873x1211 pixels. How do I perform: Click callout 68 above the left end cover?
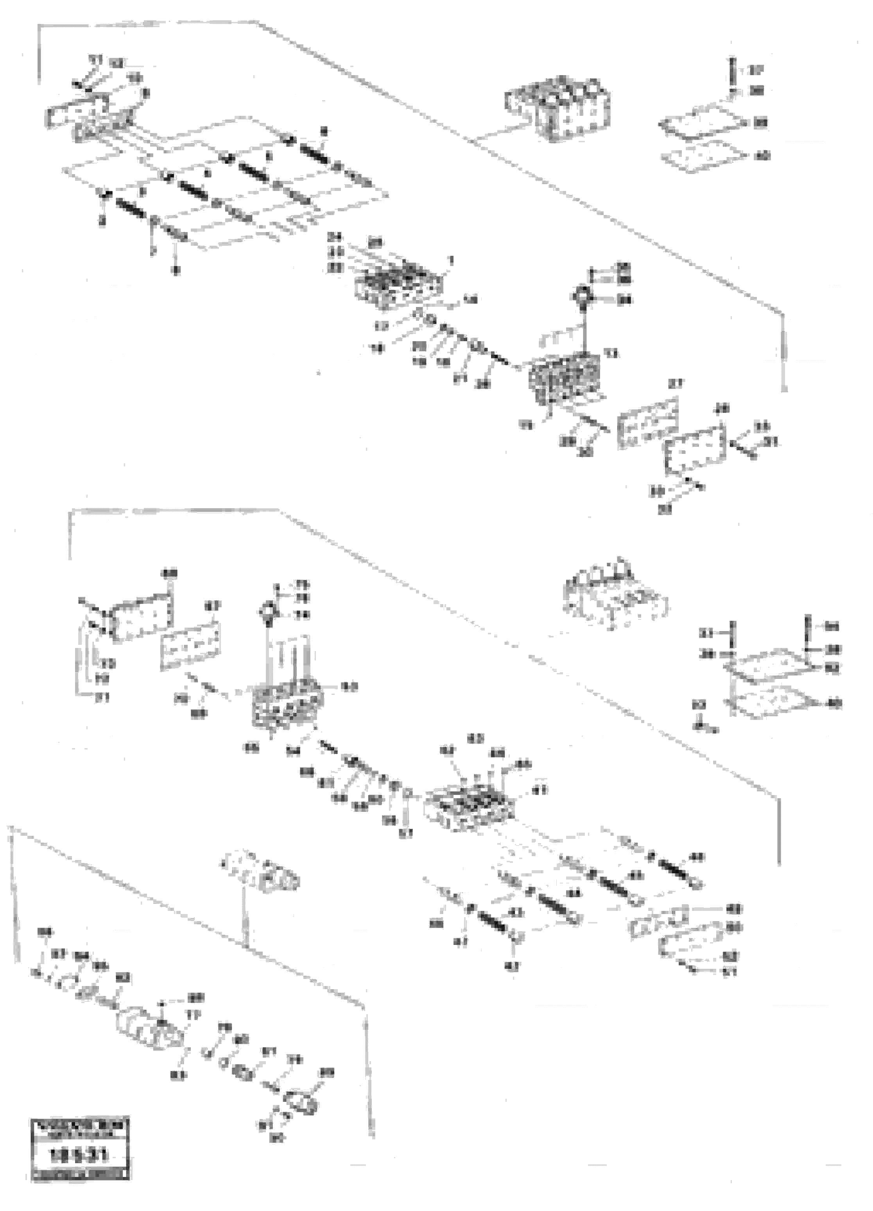click(x=169, y=574)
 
